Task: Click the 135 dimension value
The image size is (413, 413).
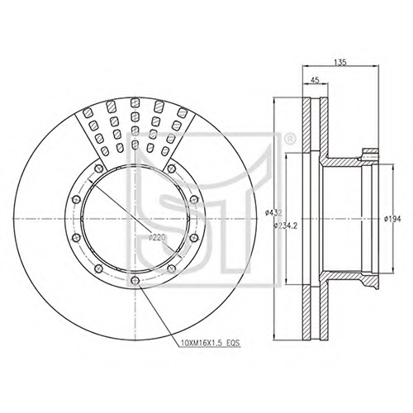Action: click(339, 63)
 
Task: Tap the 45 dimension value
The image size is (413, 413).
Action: click(315, 80)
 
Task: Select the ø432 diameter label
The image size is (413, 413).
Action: click(273, 212)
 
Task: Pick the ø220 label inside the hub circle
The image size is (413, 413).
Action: click(156, 238)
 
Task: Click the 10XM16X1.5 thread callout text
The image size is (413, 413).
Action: click(203, 344)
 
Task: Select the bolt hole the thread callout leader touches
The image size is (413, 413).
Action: click(135, 280)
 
